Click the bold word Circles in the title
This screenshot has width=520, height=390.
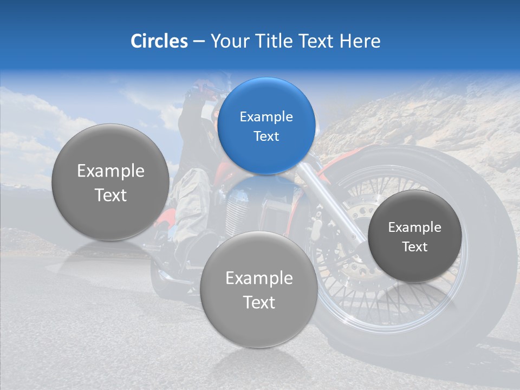(x=159, y=41)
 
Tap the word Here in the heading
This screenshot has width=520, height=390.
(x=360, y=41)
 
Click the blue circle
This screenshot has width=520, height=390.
(x=266, y=126)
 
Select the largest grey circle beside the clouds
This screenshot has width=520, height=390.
(x=110, y=183)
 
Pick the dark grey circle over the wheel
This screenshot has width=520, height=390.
(x=414, y=236)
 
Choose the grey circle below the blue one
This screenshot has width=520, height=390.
(x=259, y=289)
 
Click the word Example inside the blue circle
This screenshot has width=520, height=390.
(x=266, y=116)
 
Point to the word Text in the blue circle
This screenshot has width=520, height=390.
(x=266, y=136)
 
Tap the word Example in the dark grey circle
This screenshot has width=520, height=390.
(x=414, y=227)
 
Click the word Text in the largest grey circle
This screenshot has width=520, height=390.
(x=110, y=195)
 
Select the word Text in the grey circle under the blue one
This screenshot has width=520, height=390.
(x=259, y=302)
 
